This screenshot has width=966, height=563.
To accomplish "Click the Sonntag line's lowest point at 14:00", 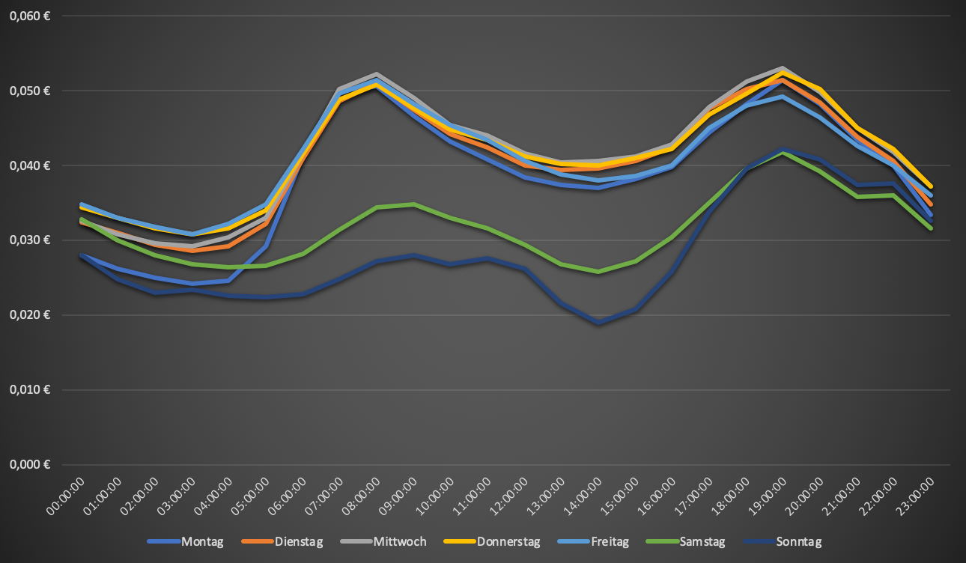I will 597,323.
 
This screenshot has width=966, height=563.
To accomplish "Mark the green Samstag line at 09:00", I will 413,204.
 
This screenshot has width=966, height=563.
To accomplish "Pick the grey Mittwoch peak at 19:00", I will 782,68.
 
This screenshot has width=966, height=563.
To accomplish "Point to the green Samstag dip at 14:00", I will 597,272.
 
